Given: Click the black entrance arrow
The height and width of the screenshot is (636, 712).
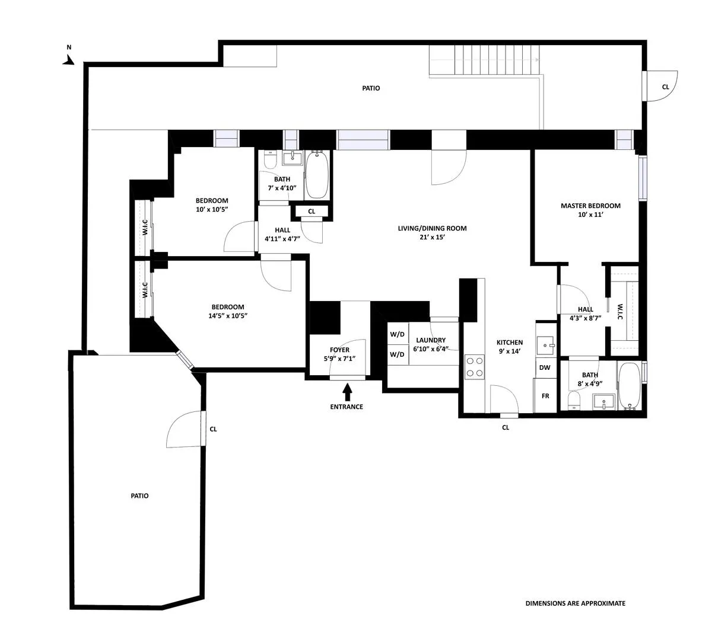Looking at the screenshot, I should [x=347, y=391].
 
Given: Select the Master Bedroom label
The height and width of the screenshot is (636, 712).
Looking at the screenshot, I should [x=590, y=206].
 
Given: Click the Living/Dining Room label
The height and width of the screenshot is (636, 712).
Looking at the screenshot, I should [x=432, y=228].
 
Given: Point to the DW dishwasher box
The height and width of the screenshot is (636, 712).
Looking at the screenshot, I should [x=545, y=367].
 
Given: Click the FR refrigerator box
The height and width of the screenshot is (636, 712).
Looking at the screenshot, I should [x=545, y=396].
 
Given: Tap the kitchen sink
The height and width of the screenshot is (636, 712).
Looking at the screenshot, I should [x=545, y=344].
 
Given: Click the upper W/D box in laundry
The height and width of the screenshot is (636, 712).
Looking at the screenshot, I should [x=397, y=334].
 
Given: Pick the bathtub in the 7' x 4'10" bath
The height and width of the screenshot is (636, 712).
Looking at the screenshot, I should [x=317, y=175].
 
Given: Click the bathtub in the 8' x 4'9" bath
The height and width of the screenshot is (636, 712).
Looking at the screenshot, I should [x=629, y=386].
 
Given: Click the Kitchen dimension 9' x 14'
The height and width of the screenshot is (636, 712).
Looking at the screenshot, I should [x=509, y=351].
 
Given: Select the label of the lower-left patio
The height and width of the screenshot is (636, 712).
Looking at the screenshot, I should [x=139, y=496].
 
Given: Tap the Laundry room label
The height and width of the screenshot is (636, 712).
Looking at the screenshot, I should [x=430, y=340].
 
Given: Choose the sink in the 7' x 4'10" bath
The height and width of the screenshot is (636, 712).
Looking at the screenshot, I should [x=293, y=158].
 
